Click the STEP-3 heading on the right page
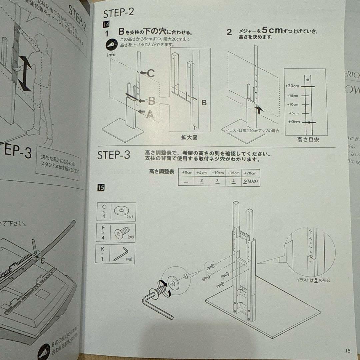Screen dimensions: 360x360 tap(113, 155)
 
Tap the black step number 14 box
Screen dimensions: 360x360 tap(106, 25)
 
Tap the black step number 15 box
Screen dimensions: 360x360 tap(101, 188)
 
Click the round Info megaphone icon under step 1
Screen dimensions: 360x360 tap(112, 45)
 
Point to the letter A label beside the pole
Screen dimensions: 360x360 tap(150, 114)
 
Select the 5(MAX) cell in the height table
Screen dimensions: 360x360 tap(250, 182)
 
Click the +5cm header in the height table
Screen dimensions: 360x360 tap(201, 173)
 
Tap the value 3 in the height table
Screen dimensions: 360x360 tap(217, 181)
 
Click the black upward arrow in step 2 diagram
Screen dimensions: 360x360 tap(259, 109)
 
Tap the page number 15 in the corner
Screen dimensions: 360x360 tap(348, 350)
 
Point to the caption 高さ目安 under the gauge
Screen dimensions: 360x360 tap(308, 140)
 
